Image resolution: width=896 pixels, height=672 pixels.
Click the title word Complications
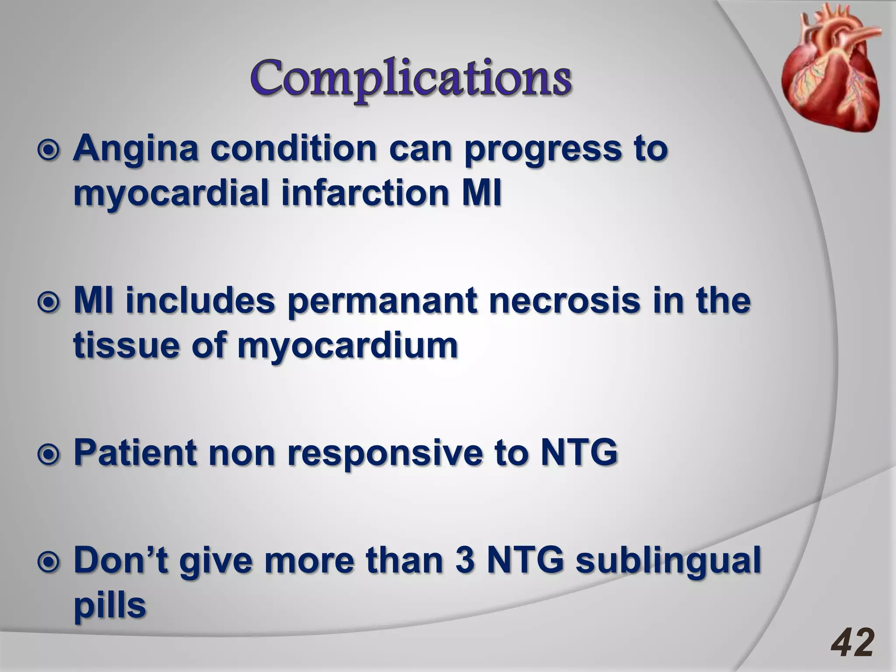click(x=410, y=80)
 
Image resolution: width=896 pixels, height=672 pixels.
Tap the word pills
click(x=109, y=606)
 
